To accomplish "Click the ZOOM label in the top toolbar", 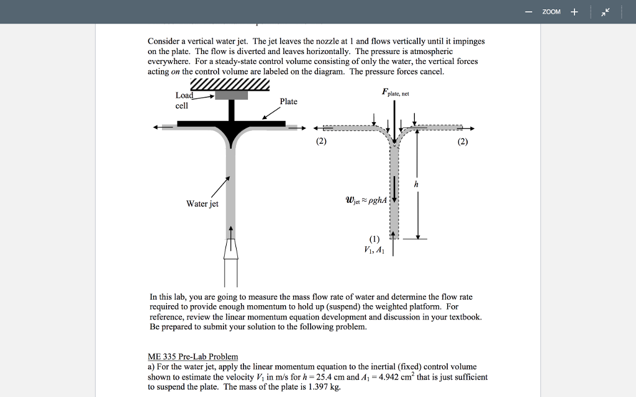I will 551,12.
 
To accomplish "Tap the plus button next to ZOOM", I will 574,12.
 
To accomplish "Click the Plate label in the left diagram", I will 288,101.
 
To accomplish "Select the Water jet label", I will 202,204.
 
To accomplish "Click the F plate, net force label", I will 395,93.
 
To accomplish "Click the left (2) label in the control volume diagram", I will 321,141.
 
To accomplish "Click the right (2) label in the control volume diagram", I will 462,141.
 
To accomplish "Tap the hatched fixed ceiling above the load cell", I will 230,84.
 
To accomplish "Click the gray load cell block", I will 231,95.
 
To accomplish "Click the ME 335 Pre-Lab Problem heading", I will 193,356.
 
